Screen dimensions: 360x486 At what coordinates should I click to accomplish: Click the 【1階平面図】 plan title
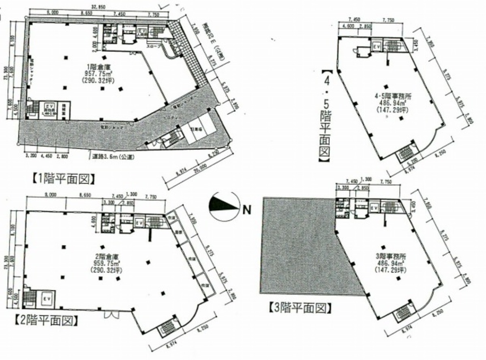(63, 178)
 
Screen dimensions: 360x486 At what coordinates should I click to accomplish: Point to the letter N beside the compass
(246, 210)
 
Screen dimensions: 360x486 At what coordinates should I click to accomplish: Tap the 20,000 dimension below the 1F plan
(200, 171)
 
